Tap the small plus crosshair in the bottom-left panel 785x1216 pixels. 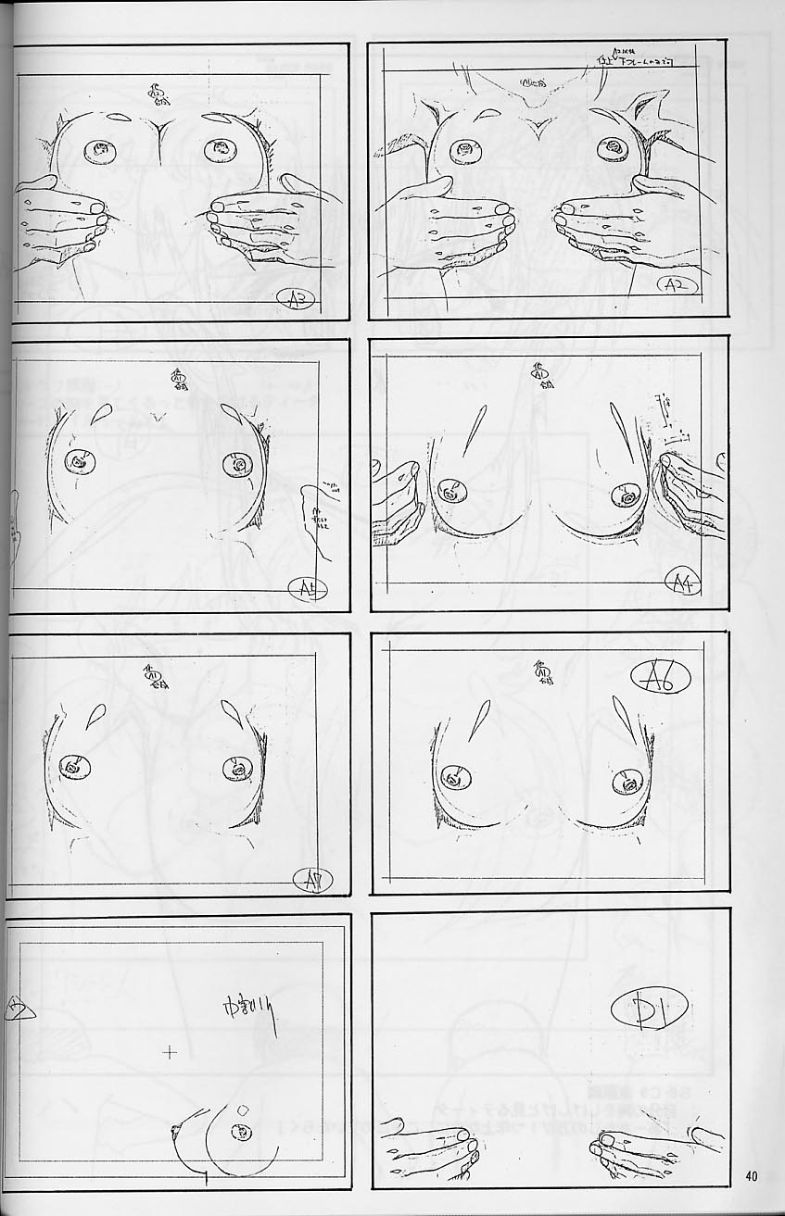pos(170,1051)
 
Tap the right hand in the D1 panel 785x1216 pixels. pos(649,1149)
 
